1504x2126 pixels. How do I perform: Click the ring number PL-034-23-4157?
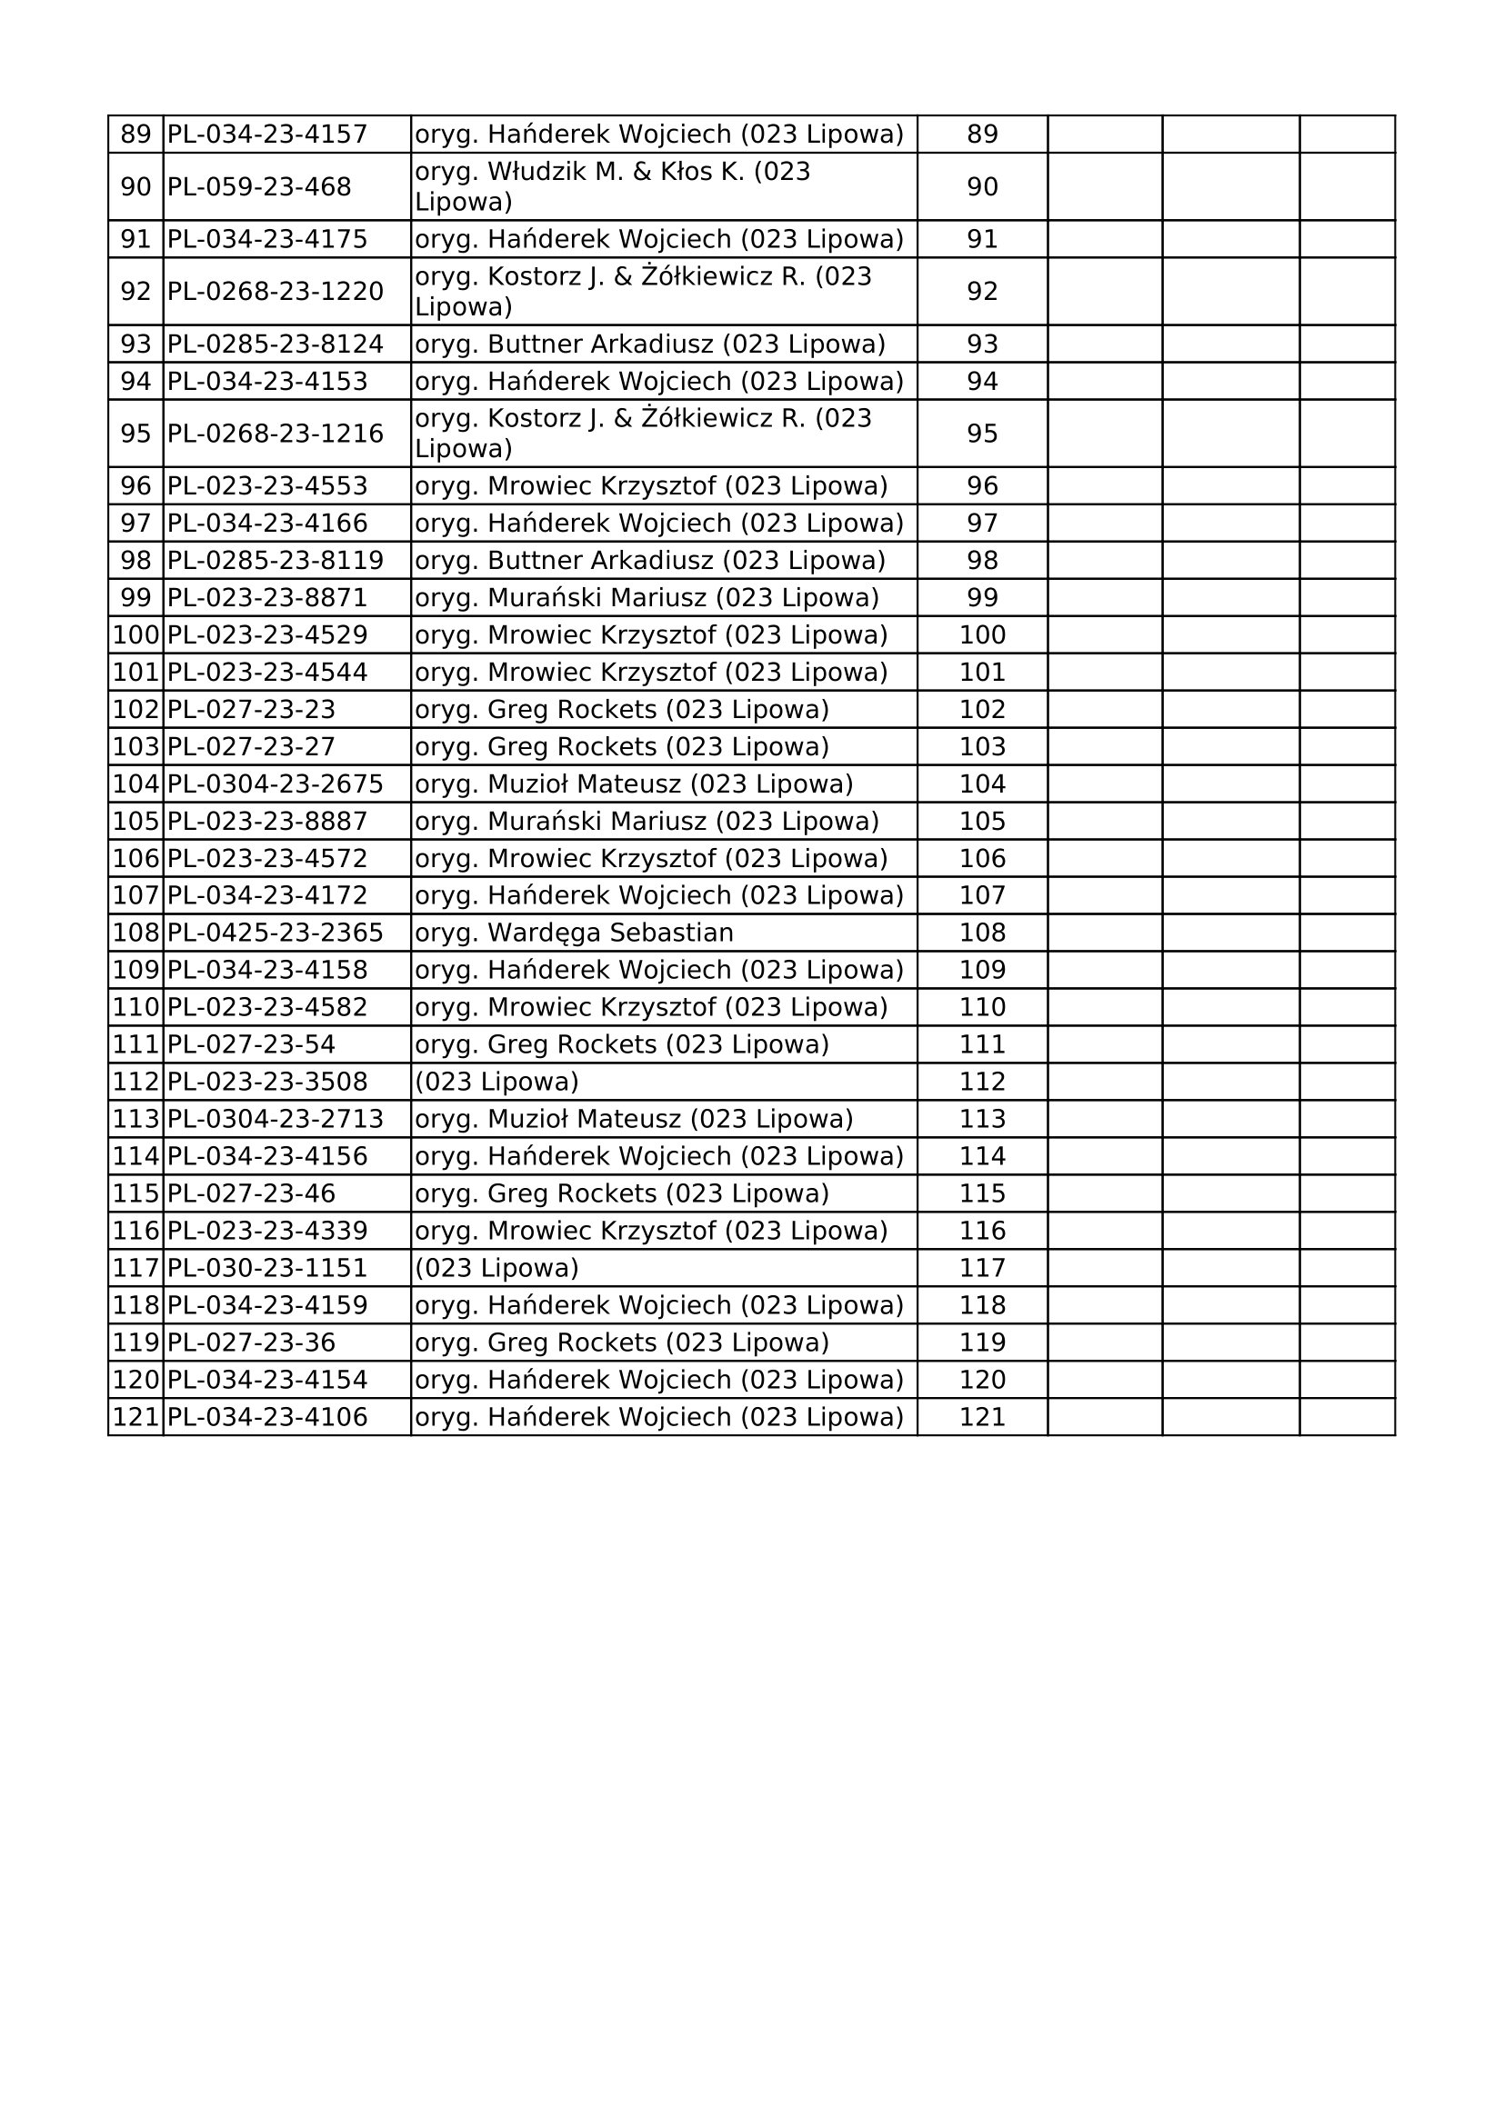[x=266, y=135]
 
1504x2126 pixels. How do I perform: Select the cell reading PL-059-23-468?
[x=259, y=187]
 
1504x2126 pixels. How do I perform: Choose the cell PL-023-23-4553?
[x=266, y=486]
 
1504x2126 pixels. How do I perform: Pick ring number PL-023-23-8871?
[x=266, y=598]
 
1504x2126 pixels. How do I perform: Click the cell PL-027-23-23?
[x=251, y=709]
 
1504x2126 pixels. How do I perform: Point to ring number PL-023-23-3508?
[x=266, y=1082]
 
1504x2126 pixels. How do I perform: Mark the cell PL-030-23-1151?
[x=266, y=1268]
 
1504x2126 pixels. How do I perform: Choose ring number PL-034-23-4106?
[x=266, y=1417]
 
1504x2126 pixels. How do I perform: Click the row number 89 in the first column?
[x=135, y=135]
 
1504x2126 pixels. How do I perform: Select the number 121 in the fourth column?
[x=982, y=1417]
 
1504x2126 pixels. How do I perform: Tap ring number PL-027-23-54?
[x=251, y=1044]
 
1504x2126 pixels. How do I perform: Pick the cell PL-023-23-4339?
[x=266, y=1231]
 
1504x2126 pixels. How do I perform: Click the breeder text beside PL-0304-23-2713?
[x=634, y=1120]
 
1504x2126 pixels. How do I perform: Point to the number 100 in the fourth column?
[x=982, y=635]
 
